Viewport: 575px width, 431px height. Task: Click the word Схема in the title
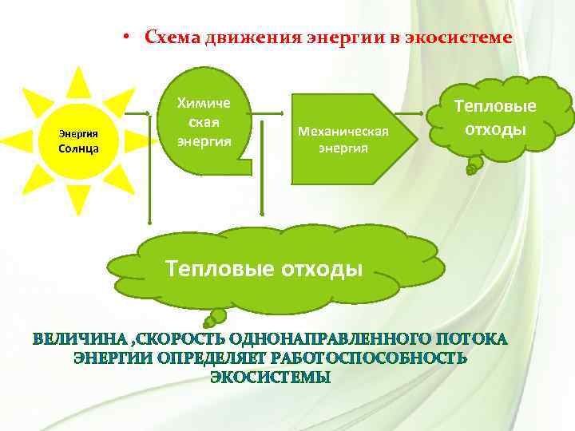coord(172,38)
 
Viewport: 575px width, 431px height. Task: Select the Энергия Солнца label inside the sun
coord(78,141)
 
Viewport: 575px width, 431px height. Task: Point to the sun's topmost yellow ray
coord(77,81)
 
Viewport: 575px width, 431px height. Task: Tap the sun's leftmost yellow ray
coord(18,141)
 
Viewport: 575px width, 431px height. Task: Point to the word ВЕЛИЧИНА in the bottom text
coord(78,340)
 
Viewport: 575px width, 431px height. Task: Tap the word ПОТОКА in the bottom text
coord(469,340)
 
